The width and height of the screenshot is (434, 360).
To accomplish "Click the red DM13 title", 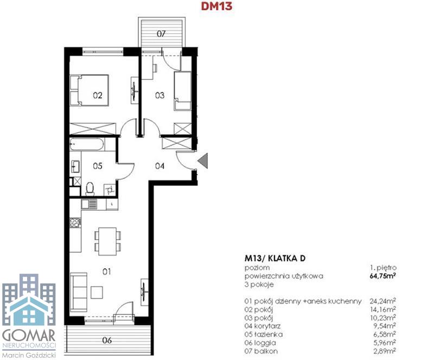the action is pos(216,6).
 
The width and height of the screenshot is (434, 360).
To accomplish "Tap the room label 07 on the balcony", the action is pos(161,34).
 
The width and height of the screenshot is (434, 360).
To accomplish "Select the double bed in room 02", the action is pos(89,90).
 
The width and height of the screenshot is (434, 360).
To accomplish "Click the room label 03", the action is pos(159,96).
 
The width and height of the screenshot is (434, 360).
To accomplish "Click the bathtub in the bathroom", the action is pos(87,144).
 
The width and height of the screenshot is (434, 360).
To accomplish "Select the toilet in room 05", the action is pos(90,188).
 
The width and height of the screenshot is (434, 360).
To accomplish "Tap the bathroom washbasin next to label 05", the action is pos(75,166).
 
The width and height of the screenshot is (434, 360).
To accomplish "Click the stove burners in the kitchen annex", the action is pos(75,222).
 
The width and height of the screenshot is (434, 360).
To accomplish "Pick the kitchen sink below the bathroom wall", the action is pos(89,205).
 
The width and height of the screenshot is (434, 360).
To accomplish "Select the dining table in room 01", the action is pos(107,241).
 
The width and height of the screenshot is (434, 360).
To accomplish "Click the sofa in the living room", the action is pos(79,292).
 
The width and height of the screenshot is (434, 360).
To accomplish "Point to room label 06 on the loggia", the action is pos(107,340).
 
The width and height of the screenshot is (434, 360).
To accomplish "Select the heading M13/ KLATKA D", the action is pos(275,258).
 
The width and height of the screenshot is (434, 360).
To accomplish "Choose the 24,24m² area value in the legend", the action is pos(382,301).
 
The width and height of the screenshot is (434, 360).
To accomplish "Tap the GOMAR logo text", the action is pos(29,336).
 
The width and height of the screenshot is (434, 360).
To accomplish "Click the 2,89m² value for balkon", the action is pos(384,351).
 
